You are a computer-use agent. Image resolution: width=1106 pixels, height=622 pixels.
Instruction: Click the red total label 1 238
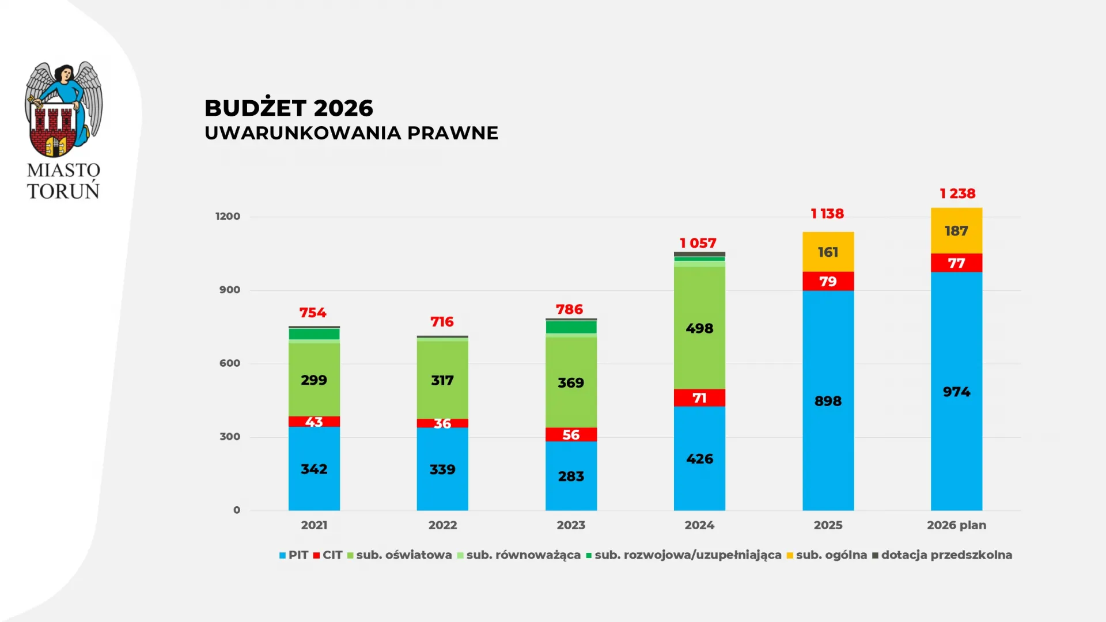point(957,194)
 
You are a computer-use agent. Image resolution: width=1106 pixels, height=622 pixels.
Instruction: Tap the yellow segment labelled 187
point(956,231)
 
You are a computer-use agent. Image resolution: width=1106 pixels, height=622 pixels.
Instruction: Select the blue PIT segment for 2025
point(828,401)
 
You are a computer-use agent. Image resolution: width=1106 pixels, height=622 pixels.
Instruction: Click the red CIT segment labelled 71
point(699,398)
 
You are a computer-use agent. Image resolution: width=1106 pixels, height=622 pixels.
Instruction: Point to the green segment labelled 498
point(699,328)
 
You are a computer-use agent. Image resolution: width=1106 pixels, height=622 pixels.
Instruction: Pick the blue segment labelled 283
point(571,476)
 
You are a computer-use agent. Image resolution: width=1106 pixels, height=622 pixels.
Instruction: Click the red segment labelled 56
point(571,435)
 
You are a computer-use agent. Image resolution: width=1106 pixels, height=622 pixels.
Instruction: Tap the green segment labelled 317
point(442,380)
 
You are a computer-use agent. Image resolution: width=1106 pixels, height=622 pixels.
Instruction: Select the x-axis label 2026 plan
point(956,525)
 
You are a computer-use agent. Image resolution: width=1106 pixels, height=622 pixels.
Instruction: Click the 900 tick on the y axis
point(229,290)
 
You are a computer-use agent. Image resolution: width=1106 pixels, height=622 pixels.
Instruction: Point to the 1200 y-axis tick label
point(228,217)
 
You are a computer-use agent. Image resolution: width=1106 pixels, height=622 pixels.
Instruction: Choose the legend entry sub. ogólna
point(827,555)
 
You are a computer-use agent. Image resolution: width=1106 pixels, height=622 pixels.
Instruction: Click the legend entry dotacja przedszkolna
point(942,555)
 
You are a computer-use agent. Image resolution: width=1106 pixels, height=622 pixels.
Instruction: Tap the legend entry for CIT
point(328,555)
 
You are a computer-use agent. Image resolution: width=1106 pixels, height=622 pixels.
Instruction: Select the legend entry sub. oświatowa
point(399,555)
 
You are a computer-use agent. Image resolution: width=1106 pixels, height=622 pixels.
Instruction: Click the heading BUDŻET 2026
point(289,108)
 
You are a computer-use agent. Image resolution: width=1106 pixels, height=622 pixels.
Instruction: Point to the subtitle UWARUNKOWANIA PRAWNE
point(351,133)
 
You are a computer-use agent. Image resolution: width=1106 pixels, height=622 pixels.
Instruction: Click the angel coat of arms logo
point(63,109)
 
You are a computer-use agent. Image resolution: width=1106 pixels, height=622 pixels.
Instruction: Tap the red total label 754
point(313,313)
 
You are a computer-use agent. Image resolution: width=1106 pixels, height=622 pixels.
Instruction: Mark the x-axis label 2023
point(571,525)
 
